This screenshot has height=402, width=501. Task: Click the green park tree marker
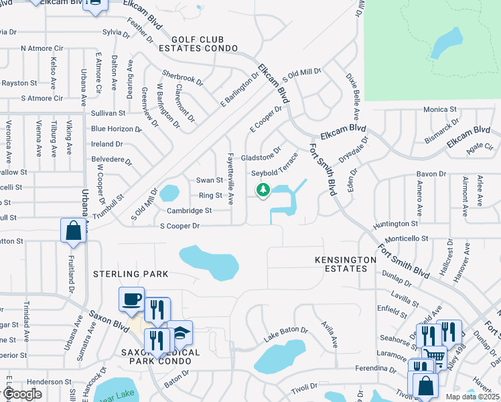(x=263, y=191)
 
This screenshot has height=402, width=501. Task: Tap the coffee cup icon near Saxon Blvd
(x=131, y=298)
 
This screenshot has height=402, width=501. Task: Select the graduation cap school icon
(x=179, y=333)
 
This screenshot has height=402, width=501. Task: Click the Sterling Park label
(x=131, y=274)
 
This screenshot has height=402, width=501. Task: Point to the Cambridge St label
(x=189, y=210)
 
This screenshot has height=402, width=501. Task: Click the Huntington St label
(x=396, y=223)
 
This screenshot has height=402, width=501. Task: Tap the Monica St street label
(x=439, y=109)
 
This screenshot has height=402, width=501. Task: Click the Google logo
(x=23, y=394)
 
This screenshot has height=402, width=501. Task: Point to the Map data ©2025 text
(x=473, y=397)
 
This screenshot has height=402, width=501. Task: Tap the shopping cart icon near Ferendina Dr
(x=433, y=356)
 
